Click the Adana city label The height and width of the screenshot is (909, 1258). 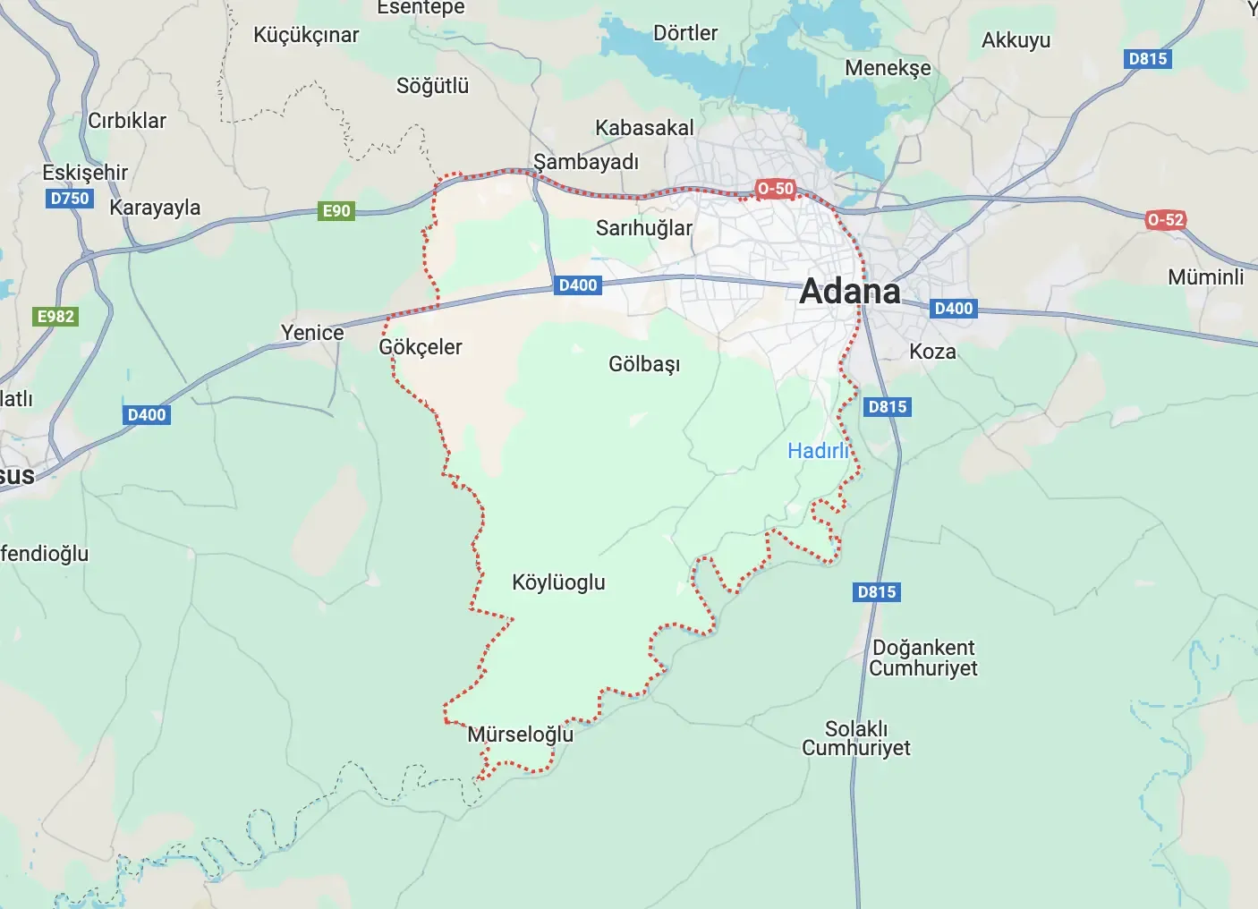tap(849, 292)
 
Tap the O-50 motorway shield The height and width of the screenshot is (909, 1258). tap(775, 189)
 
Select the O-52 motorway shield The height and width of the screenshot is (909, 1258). tap(1165, 220)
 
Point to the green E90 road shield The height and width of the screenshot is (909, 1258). tap(336, 211)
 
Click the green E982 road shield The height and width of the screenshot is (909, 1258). tap(55, 317)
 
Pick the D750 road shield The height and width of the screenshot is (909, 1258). tap(70, 199)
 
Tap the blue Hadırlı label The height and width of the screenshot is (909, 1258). tap(818, 451)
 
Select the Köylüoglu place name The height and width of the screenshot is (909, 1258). tap(558, 582)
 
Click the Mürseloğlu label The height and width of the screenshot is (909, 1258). tap(520, 735)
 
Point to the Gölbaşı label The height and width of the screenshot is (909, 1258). tap(644, 364)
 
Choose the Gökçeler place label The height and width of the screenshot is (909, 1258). tap(420, 347)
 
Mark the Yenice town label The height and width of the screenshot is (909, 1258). tap(312, 333)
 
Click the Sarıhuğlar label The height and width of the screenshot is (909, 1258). tap(644, 228)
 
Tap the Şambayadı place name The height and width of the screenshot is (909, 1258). tap(586, 162)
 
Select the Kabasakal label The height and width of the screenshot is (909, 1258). tap(644, 128)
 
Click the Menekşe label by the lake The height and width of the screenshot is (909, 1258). tap(888, 68)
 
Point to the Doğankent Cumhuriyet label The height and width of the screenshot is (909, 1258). tap(923, 658)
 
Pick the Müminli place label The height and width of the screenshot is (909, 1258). tap(1205, 277)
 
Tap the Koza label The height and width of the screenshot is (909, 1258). tap(932, 352)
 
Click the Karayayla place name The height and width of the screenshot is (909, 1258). tap(155, 208)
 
